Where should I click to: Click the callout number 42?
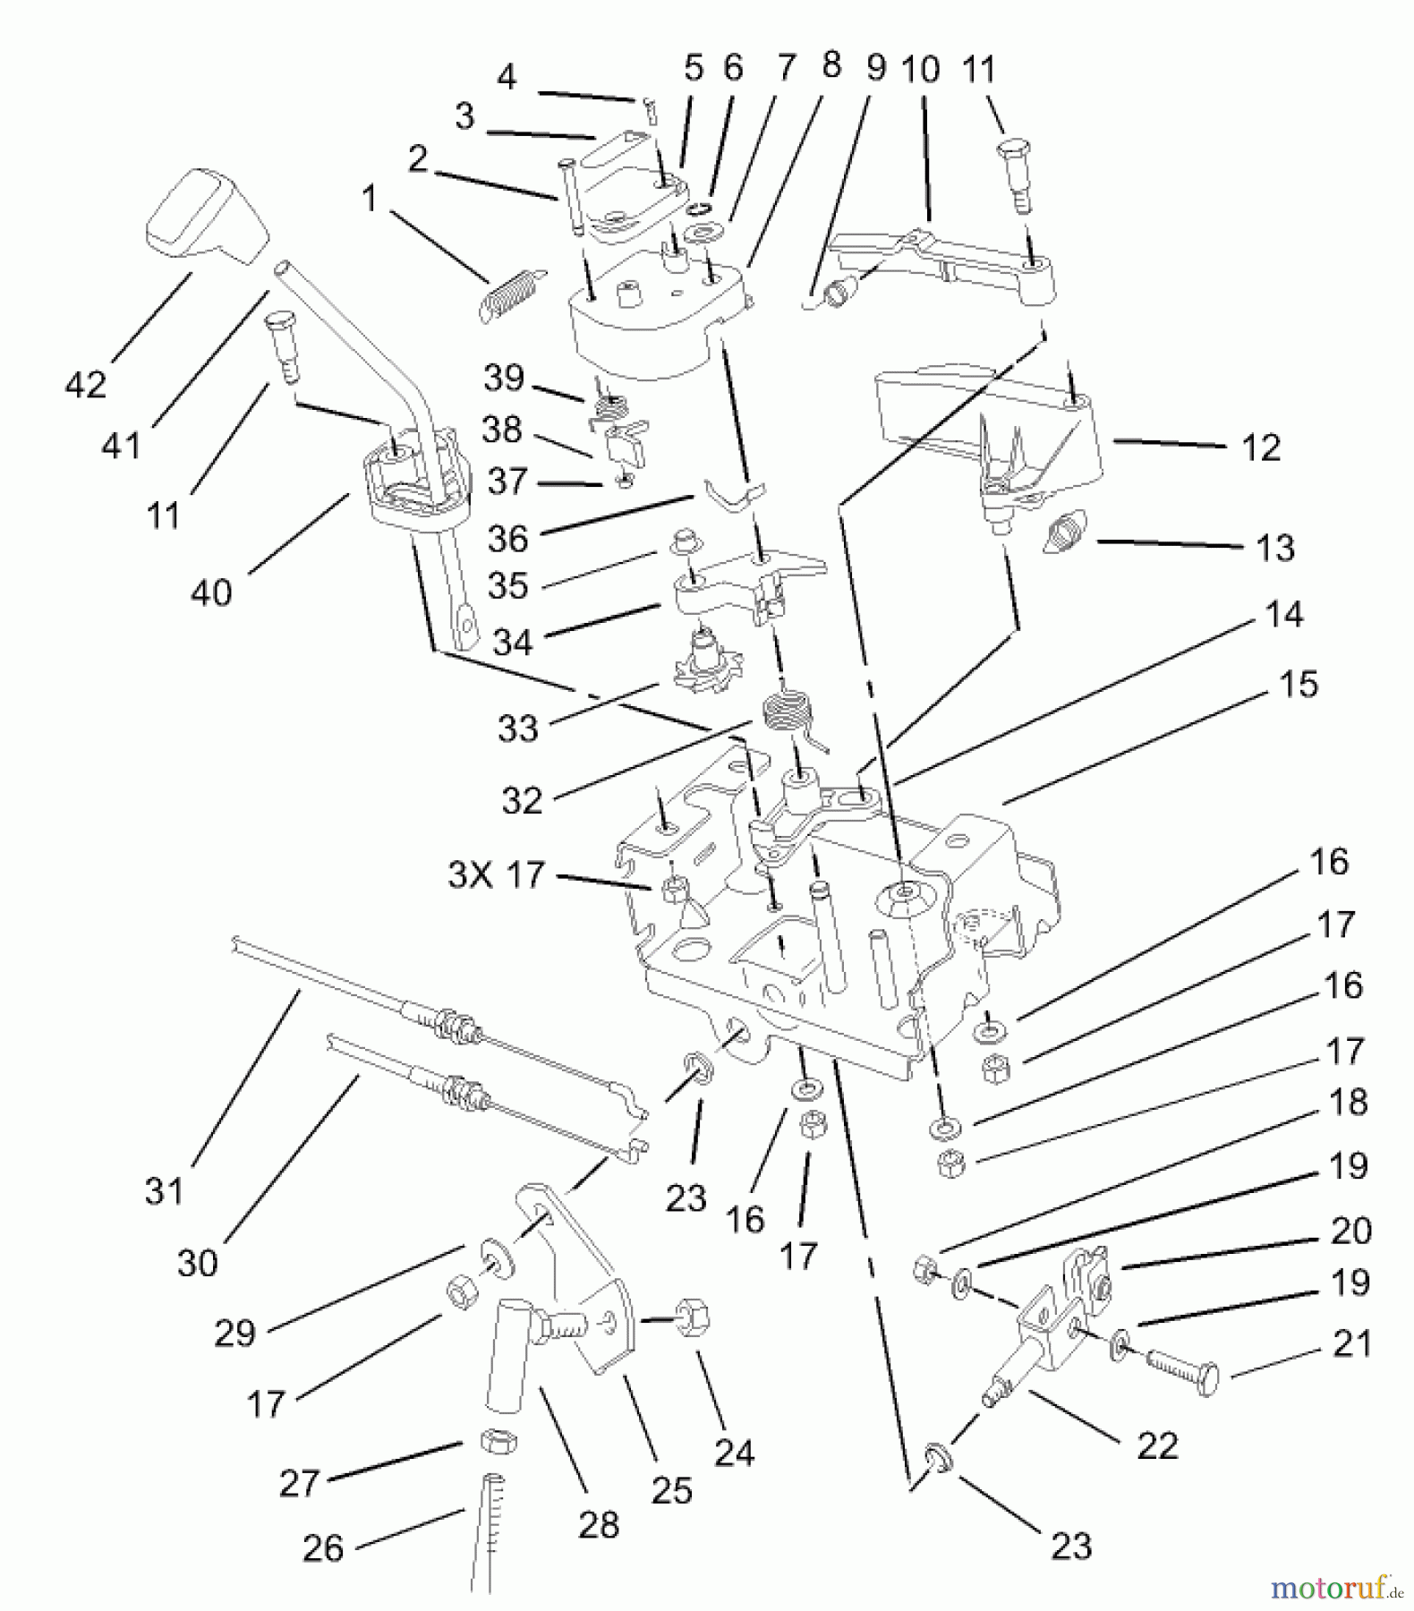(86, 385)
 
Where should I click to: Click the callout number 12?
(1261, 447)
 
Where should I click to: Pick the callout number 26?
(323, 1547)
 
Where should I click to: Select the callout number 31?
(164, 1191)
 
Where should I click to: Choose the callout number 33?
(518, 728)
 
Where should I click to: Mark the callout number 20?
(1350, 1231)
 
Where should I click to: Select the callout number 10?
(921, 69)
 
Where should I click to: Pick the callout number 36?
(508, 538)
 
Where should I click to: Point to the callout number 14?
(1284, 615)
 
